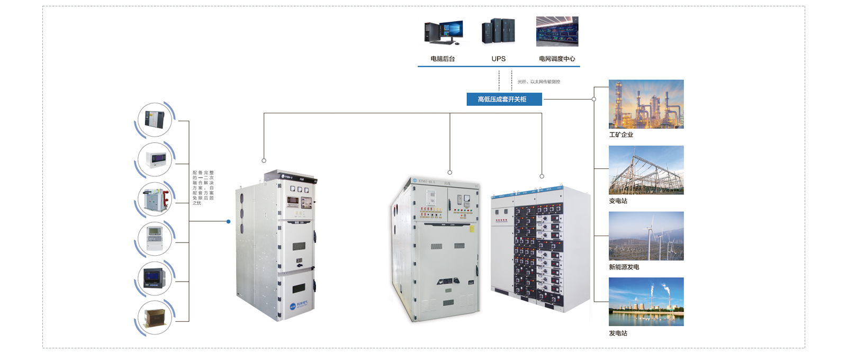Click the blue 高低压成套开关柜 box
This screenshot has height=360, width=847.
[504, 99]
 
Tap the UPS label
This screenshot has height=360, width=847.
[498, 59]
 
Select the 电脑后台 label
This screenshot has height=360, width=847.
[443, 59]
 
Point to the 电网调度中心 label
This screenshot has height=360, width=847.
[557, 59]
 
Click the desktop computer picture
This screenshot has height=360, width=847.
[444, 32]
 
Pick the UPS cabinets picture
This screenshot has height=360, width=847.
[498, 31]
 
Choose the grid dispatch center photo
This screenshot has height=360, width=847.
[557, 31]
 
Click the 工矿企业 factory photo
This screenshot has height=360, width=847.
[646, 104]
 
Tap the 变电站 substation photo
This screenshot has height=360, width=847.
[646, 170]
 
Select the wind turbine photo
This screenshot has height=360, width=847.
[646, 236]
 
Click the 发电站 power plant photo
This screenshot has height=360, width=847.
[646, 302]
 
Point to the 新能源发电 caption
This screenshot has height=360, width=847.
[624, 267]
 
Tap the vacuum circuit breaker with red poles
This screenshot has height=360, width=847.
[155, 199]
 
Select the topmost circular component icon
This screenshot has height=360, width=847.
[155, 120]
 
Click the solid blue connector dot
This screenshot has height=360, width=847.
[229, 221]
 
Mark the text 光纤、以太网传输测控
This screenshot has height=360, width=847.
[538, 82]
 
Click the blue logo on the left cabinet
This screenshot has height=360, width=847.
[293, 306]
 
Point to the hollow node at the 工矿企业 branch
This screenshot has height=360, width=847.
[594, 99]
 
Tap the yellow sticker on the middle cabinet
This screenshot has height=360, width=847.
[472, 229]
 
